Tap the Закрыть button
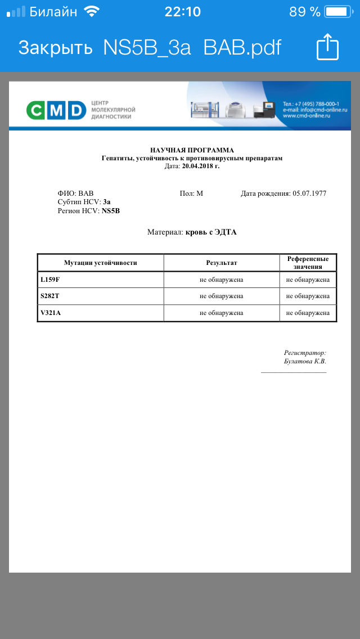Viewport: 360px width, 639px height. tap(55, 47)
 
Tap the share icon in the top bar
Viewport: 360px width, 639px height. tap(328, 47)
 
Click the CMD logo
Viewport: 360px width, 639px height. tap(56, 110)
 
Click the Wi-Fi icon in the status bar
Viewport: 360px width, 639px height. tap(91, 11)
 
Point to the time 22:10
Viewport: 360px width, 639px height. tap(182, 11)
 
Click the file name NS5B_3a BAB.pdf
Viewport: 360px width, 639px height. tap(192, 47)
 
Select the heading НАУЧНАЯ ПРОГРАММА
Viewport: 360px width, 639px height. tap(192, 150)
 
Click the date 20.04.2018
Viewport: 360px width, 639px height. tap(200, 166)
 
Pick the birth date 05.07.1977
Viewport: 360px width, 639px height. tap(309, 193)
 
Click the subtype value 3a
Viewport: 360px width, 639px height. tap(107, 202)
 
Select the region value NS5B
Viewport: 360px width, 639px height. tap(111, 211)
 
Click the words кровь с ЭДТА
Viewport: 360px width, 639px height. tap(211, 232)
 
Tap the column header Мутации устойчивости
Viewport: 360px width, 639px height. tap(100, 263)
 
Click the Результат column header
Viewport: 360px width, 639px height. tap(222, 263)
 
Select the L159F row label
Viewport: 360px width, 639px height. tap(50, 280)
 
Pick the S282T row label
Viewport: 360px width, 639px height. tap(50, 296)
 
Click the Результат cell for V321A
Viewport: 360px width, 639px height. tap(222, 313)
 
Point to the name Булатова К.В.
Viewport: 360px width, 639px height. tap(305, 361)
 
